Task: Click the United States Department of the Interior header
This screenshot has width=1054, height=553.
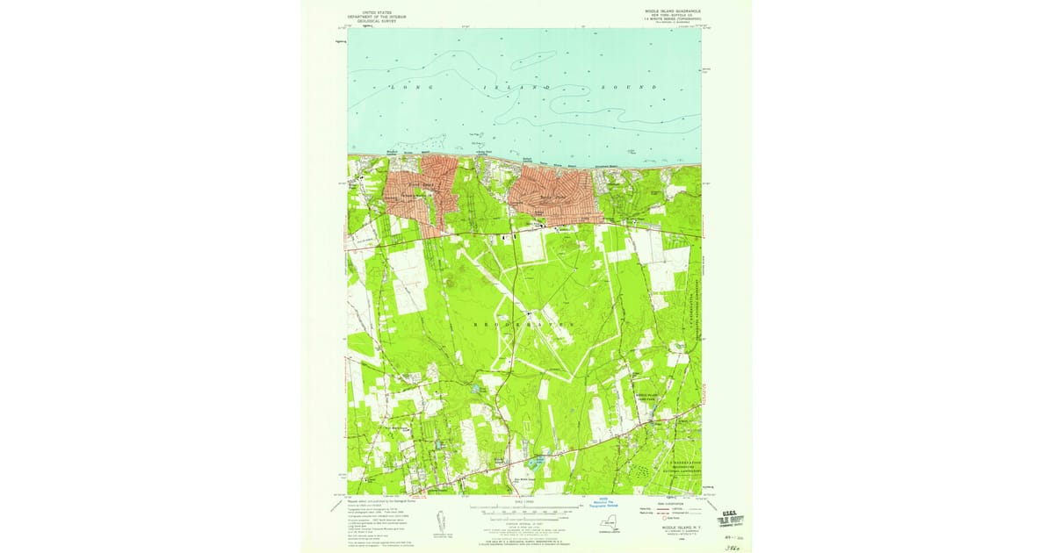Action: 372,15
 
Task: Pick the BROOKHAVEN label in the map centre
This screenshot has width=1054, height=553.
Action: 527,324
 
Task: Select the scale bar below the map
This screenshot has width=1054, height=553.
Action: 527,509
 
